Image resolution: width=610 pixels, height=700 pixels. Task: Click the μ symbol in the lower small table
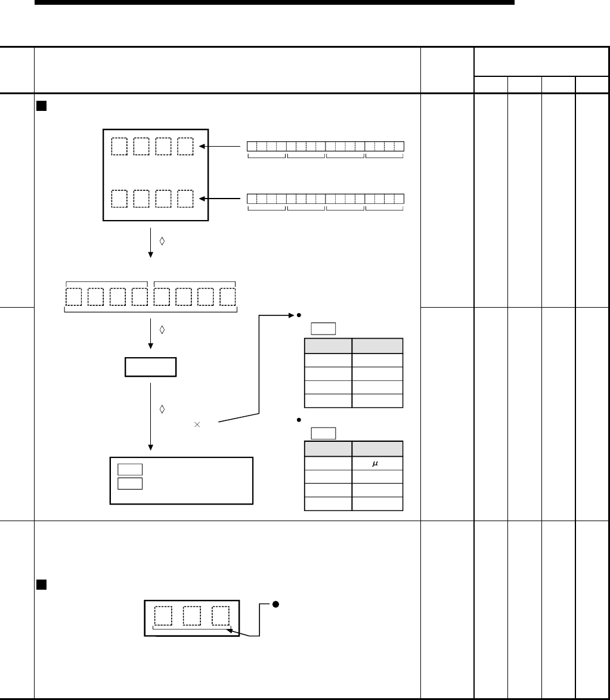(x=376, y=463)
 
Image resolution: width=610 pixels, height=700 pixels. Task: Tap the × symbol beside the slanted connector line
(x=197, y=424)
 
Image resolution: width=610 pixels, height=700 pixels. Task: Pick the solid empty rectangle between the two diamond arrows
(x=150, y=367)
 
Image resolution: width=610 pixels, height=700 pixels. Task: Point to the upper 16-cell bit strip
(x=325, y=146)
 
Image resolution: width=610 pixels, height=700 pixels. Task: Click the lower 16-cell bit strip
(x=325, y=199)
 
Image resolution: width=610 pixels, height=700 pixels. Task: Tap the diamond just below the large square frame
(x=162, y=241)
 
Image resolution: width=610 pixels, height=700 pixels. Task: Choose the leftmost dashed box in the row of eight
(x=73, y=297)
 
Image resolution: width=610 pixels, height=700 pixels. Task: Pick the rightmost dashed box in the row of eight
(x=227, y=297)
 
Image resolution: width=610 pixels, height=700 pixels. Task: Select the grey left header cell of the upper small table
(x=327, y=346)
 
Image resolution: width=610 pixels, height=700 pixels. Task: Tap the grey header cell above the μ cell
(x=377, y=449)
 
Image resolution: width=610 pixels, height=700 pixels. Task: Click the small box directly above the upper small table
(x=323, y=329)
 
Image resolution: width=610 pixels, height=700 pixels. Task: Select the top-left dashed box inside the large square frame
(x=119, y=147)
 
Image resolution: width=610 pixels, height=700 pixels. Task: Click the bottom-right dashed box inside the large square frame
(x=185, y=199)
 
